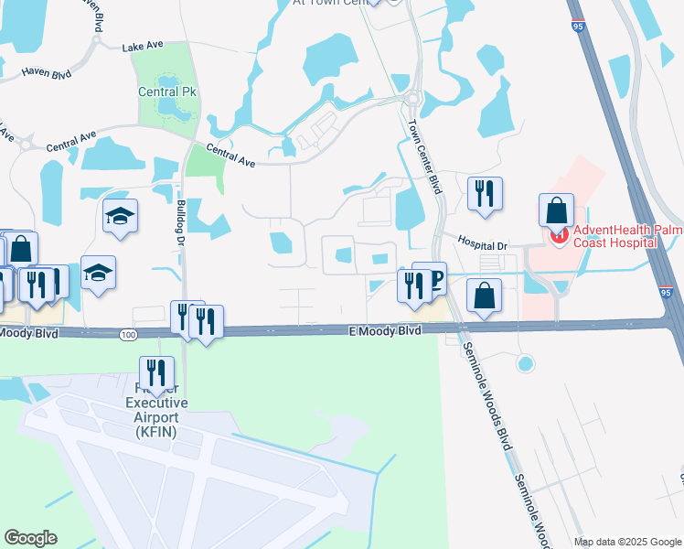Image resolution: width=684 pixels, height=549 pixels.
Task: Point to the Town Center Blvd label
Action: point(423,157)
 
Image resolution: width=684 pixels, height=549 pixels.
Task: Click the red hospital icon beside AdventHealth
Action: point(557,236)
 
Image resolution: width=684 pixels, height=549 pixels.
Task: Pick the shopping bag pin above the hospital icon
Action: point(556,210)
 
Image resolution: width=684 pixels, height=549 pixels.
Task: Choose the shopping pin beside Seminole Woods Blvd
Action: point(485,296)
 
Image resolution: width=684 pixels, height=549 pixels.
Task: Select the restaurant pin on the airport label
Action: point(155,372)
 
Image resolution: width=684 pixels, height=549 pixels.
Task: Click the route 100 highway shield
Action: point(126,336)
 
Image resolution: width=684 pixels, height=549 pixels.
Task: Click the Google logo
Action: point(30,538)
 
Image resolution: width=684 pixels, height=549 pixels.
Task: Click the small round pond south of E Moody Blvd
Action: point(525,363)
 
